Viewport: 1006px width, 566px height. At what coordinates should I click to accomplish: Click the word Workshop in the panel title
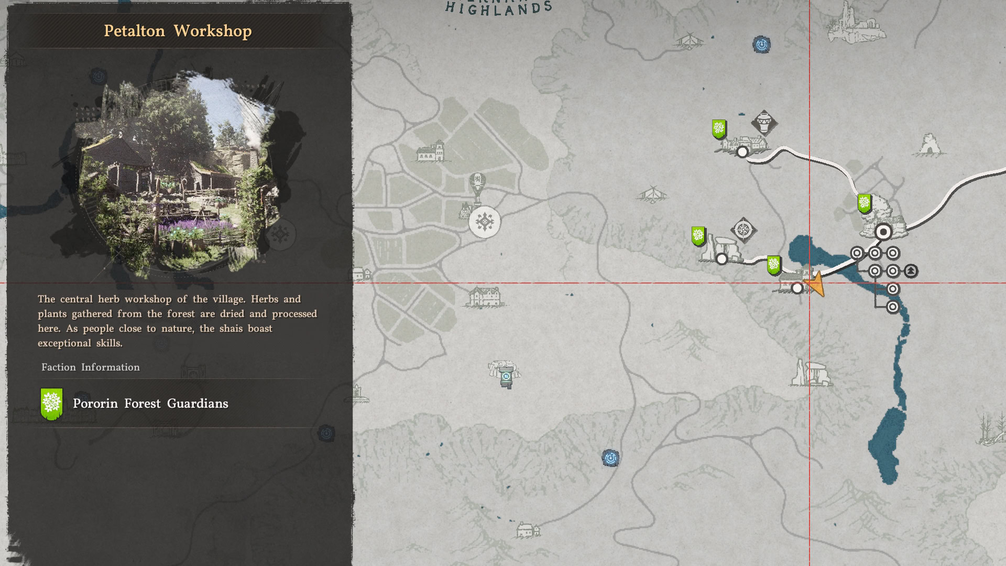[212, 31]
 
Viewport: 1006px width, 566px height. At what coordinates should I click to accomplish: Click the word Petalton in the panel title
[134, 31]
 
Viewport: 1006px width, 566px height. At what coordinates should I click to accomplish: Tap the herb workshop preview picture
[178, 173]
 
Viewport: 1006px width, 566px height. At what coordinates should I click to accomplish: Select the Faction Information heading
[91, 367]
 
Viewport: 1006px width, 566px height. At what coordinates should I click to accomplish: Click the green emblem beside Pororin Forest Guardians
[51, 404]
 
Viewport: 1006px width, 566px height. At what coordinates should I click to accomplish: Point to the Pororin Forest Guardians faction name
[150, 404]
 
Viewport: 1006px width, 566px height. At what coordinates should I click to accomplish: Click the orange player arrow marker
[815, 285]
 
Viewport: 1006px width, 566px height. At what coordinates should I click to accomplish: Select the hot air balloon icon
[477, 186]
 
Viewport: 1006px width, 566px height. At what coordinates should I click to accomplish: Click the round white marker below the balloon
[485, 222]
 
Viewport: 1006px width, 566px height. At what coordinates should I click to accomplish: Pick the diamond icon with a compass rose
[743, 230]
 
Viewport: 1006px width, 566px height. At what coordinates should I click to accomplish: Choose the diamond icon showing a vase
[764, 123]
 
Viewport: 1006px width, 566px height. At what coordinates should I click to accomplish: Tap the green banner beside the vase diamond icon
[719, 128]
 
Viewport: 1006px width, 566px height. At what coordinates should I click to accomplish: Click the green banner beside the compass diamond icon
[698, 236]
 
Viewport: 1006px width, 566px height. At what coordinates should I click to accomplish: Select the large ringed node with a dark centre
[883, 232]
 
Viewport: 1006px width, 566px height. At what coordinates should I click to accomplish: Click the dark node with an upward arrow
[911, 271]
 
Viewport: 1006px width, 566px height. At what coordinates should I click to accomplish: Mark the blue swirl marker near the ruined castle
[761, 45]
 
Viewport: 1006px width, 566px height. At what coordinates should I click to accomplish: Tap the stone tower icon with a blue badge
[506, 377]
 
